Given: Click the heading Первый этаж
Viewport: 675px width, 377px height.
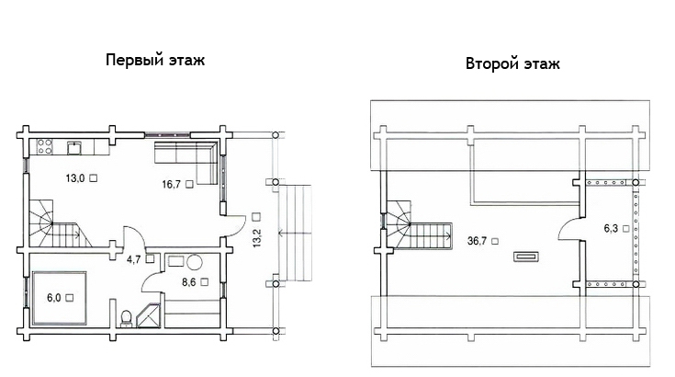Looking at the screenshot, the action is (x=155, y=60).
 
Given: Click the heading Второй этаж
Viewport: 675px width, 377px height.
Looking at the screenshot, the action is (x=512, y=63).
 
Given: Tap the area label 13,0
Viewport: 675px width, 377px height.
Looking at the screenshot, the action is (x=75, y=178).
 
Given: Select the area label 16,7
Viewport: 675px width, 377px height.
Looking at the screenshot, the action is (x=172, y=185).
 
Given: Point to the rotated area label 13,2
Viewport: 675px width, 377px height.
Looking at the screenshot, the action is (x=257, y=237).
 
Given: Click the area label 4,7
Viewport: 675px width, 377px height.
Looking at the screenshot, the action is (x=133, y=259).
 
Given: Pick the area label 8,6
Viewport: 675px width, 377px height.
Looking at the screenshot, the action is (x=188, y=282).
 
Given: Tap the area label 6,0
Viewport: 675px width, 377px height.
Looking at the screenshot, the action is (x=54, y=297).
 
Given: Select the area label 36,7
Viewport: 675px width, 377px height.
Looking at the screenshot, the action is (x=477, y=241).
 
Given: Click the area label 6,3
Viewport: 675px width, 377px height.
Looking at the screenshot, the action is (x=611, y=228).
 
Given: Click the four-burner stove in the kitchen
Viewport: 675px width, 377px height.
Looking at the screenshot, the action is (x=44, y=146).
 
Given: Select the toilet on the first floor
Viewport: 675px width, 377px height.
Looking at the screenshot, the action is (x=126, y=318).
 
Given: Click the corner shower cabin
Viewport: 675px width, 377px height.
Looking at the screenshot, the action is (x=149, y=315).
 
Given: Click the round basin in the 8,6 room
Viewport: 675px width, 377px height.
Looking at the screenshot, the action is (x=194, y=262).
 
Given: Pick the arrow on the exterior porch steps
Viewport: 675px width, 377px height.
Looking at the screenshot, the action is (x=295, y=234).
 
